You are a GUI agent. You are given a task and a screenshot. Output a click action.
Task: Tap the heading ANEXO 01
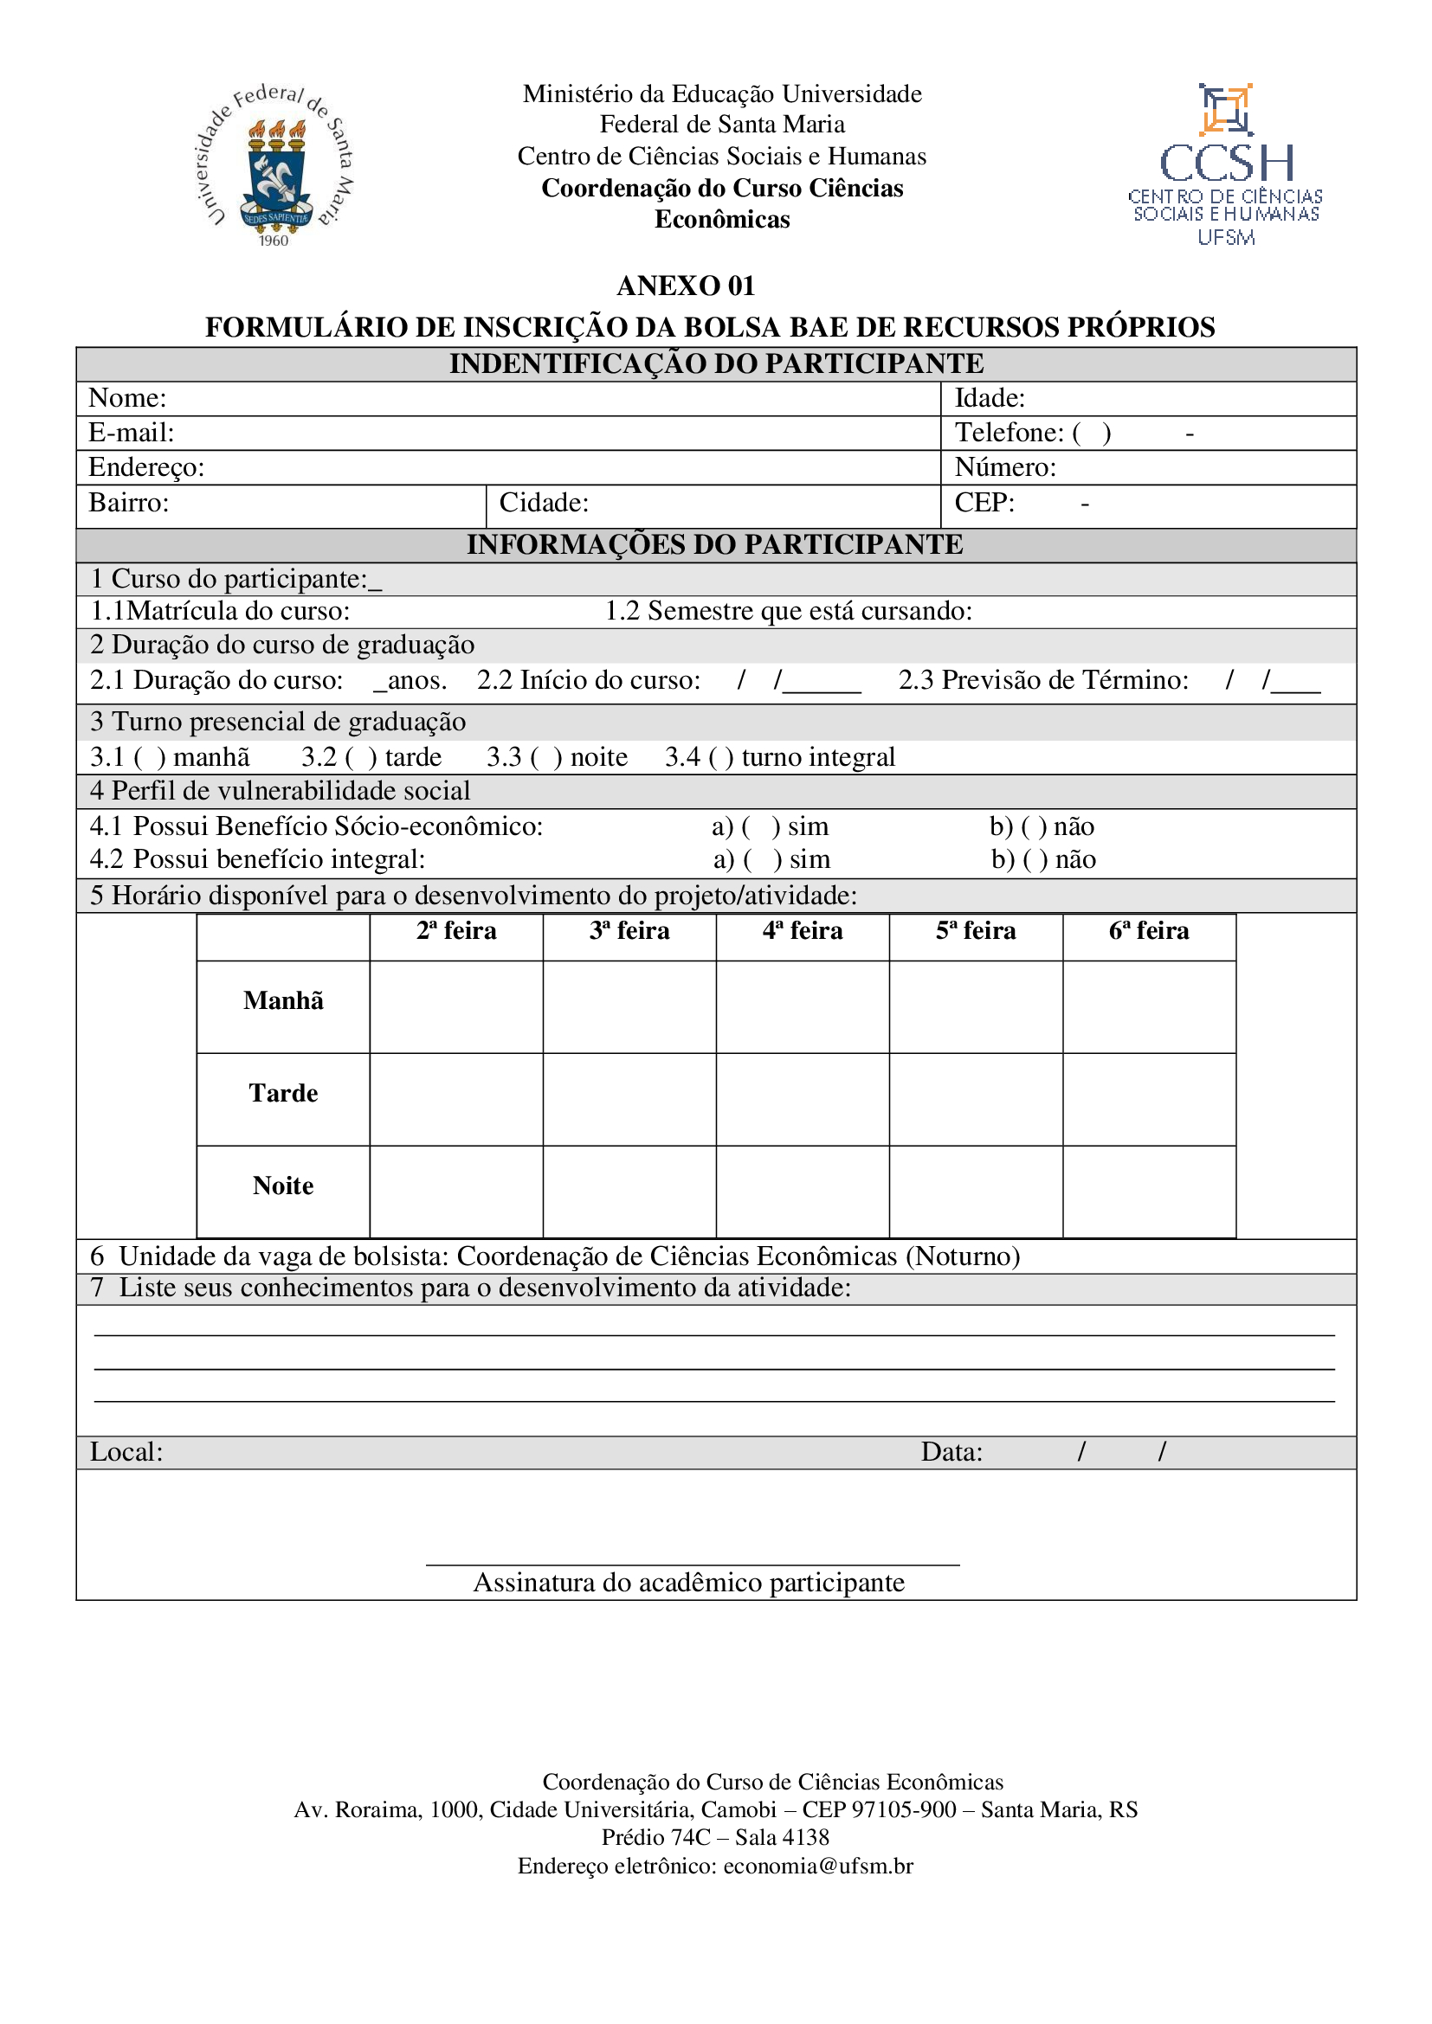pyautogui.click(x=685, y=286)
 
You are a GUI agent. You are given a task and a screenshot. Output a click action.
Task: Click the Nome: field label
pyautogui.click(x=127, y=398)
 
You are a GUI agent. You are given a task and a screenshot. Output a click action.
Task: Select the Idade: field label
pyautogui.click(x=990, y=398)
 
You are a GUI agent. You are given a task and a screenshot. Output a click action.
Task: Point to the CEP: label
pyautogui.click(x=984, y=503)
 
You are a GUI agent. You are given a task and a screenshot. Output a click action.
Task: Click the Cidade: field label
pyautogui.click(x=543, y=503)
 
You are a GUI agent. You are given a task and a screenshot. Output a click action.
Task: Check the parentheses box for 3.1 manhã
pyautogui.click(x=150, y=757)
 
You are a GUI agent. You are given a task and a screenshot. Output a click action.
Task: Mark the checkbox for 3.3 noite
pyautogui.click(x=546, y=757)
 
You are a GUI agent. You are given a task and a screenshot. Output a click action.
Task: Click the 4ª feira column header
pyautogui.click(x=803, y=931)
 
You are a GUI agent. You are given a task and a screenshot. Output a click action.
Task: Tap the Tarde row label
pyautogui.click(x=283, y=1093)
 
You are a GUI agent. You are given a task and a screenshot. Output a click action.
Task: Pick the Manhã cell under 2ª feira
pyautogui.click(x=456, y=1006)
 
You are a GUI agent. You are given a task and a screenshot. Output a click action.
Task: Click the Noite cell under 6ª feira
pyautogui.click(x=1149, y=1192)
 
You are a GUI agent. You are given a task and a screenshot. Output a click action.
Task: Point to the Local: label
pyautogui.click(x=126, y=1452)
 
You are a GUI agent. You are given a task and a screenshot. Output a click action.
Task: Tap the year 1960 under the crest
pyautogui.click(x=274, y=241)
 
